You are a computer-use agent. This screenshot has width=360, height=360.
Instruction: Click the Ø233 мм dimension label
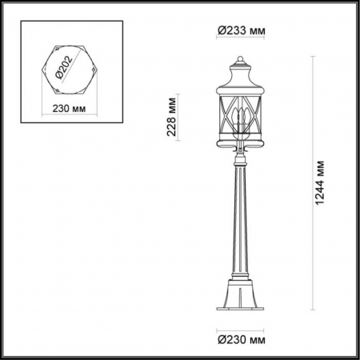(x=241, y=30)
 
